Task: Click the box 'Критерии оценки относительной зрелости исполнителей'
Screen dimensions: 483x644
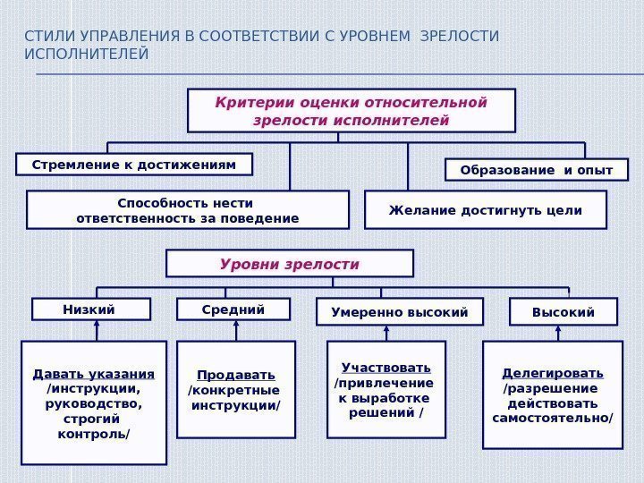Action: (x=351, y=110)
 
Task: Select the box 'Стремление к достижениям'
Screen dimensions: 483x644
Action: (x=134, y=165)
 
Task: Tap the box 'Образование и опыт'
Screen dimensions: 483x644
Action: (x=537, y=170)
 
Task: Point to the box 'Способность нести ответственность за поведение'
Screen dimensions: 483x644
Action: (x=188, y=210)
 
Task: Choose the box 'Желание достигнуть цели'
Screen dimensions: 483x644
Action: (x=486, y=210)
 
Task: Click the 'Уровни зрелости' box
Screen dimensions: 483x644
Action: (x=290, y=264)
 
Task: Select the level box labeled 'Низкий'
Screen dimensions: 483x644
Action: (x=90, y=309)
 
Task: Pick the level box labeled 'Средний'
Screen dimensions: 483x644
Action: (x=233, y=309)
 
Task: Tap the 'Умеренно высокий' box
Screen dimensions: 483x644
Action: (x=400, y=312)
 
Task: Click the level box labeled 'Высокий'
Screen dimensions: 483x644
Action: (x=563, y=311)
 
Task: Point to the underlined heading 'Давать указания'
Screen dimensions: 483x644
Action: (x=94, y=373)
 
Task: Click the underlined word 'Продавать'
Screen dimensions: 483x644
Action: (x=236, y=374)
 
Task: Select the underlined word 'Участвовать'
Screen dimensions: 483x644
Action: (x=386, y=368)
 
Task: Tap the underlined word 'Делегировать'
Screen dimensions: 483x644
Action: (x=553, y=372)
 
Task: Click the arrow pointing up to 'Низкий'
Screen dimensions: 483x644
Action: (x=97, y=330)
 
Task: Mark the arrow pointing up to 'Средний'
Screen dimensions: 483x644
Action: (x=236, y=330)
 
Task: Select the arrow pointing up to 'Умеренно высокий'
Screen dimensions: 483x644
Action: (x=386, y=332)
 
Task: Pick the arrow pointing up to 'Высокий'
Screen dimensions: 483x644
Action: (x=558, y=332)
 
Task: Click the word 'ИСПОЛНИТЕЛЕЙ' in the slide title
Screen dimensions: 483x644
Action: (x=87, y=55)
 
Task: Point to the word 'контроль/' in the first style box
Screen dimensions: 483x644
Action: (x=94, y=435)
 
